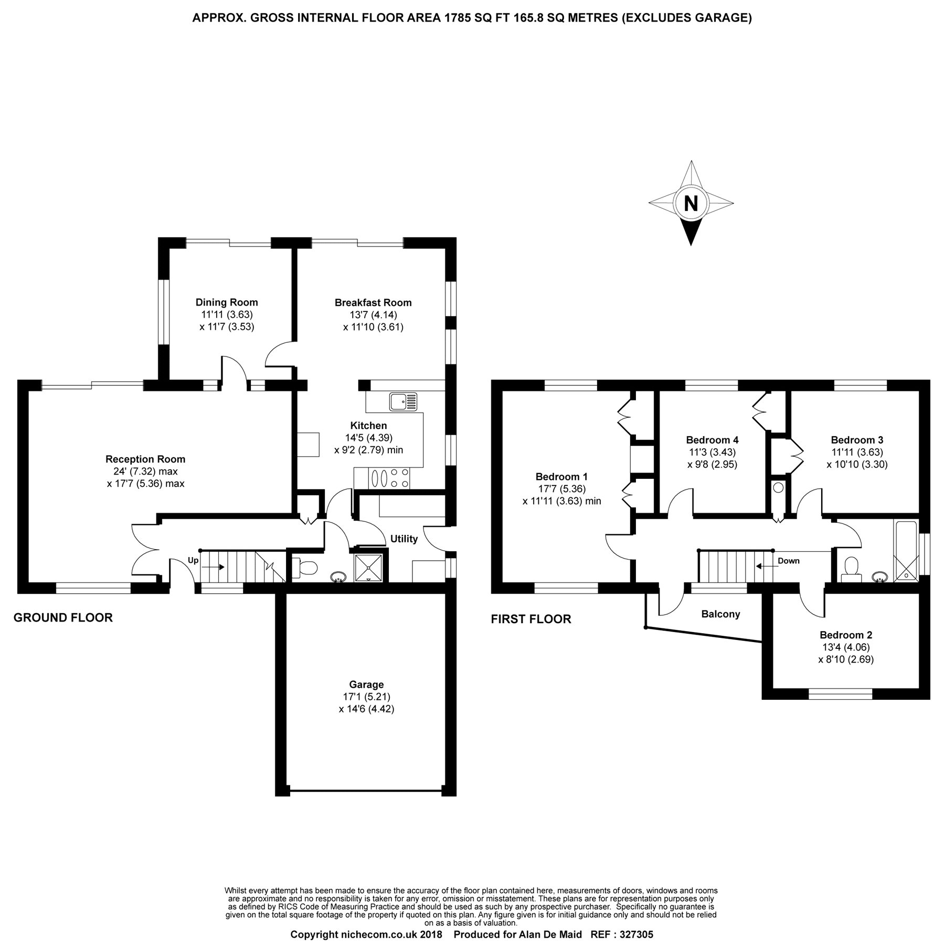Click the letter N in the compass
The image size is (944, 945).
click(691, 203)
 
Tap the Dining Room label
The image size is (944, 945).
click(227, 302)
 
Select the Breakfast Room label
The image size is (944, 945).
click(373, 302)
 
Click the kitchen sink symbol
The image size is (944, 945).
click(402, 402)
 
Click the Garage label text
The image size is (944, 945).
click(366, 685)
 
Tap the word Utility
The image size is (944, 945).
click(404, 539)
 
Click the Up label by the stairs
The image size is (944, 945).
click(193, 561)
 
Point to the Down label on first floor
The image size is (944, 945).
click(788, 561)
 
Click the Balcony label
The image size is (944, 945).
click(720, 614)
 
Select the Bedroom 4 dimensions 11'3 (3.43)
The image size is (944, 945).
click(712, 452)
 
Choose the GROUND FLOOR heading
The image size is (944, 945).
click(63, 617)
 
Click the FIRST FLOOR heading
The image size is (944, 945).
click(531, 619)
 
